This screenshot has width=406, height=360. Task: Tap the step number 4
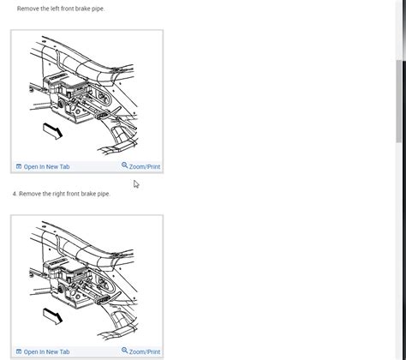click(15, 194)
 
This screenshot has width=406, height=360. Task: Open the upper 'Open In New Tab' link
click(46, 166)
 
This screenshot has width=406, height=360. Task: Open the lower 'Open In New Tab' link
click(46, 351)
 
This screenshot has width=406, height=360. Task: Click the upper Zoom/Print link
click(144, 166)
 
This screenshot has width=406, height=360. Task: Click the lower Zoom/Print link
click(144, 351)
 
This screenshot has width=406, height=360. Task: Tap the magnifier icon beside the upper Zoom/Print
click(124, 166)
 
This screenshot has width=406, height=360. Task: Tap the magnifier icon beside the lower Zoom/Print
click(124, 351)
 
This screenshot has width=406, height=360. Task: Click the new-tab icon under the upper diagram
click(19, 166)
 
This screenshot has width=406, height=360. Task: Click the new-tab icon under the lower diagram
click(19, 351)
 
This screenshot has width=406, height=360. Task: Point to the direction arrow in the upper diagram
click(53, 131)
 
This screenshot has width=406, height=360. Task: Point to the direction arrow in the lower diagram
click(53, 316)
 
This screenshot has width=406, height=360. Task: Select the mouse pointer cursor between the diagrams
click(136, 184)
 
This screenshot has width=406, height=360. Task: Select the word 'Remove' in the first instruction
click(28, 9)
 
